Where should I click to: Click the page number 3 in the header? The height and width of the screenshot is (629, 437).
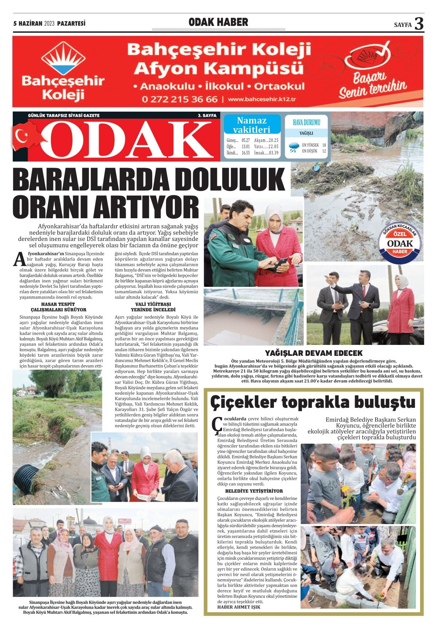tap(419, 24)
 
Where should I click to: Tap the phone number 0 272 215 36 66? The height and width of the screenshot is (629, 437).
tap(180, 99)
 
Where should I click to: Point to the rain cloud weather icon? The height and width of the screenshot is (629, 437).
tap(293, 147)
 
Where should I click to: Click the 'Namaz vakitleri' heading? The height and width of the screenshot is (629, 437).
tap(252, 125)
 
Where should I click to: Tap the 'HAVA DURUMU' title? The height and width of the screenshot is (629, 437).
tap(306, 122)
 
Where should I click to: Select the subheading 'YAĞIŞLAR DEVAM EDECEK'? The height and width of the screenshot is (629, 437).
tap(314, 353)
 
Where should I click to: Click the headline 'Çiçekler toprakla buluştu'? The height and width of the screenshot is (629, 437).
tap(313, 403)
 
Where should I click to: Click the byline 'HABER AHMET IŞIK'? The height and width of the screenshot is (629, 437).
tap(239, 607)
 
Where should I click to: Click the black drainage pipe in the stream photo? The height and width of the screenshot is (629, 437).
tap(26, 479)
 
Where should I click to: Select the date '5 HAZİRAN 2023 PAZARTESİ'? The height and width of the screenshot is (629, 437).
tap(49, 24)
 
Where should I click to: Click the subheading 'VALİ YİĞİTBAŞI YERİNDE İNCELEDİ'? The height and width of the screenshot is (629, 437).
tap(153, 307)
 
